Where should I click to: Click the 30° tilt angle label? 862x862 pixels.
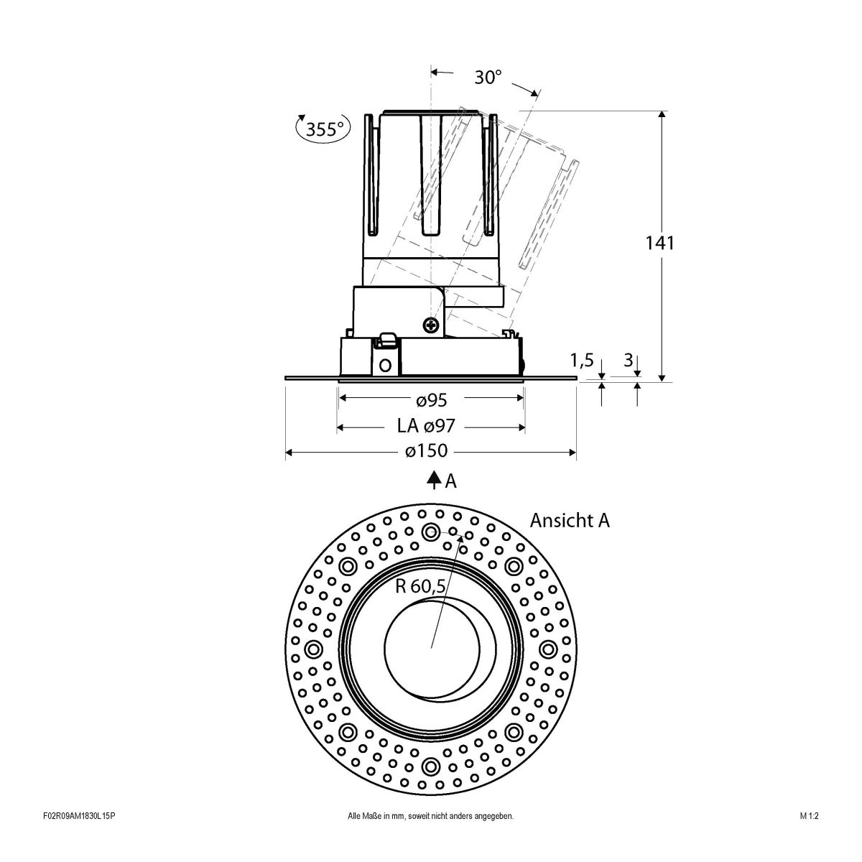488,77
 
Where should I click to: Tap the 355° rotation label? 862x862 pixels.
325,129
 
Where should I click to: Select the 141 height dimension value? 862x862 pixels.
659,243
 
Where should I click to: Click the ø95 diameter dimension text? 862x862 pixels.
431,399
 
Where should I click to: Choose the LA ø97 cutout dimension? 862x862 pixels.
426,427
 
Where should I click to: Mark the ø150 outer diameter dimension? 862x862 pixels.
426,451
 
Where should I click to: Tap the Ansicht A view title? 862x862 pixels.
570,520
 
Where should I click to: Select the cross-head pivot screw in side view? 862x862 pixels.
432,325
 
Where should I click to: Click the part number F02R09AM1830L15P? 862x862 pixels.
79,836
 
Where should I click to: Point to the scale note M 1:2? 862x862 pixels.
809,836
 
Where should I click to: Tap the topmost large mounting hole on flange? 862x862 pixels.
431,532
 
